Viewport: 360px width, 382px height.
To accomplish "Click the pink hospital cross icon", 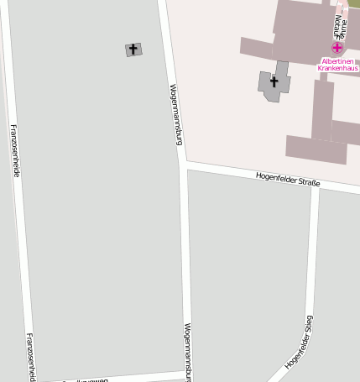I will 337,49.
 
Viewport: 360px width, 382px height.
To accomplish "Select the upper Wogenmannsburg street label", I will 175,113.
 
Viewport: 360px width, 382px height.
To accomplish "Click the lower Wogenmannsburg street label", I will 189,351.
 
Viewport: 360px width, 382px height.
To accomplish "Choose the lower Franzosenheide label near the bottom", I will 30,356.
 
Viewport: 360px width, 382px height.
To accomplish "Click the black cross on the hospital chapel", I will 274,82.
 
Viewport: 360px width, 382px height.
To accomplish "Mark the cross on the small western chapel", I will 133,50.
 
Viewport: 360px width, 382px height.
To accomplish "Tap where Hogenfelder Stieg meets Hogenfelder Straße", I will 316,188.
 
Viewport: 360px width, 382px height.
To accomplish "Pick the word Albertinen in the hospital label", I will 338,61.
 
